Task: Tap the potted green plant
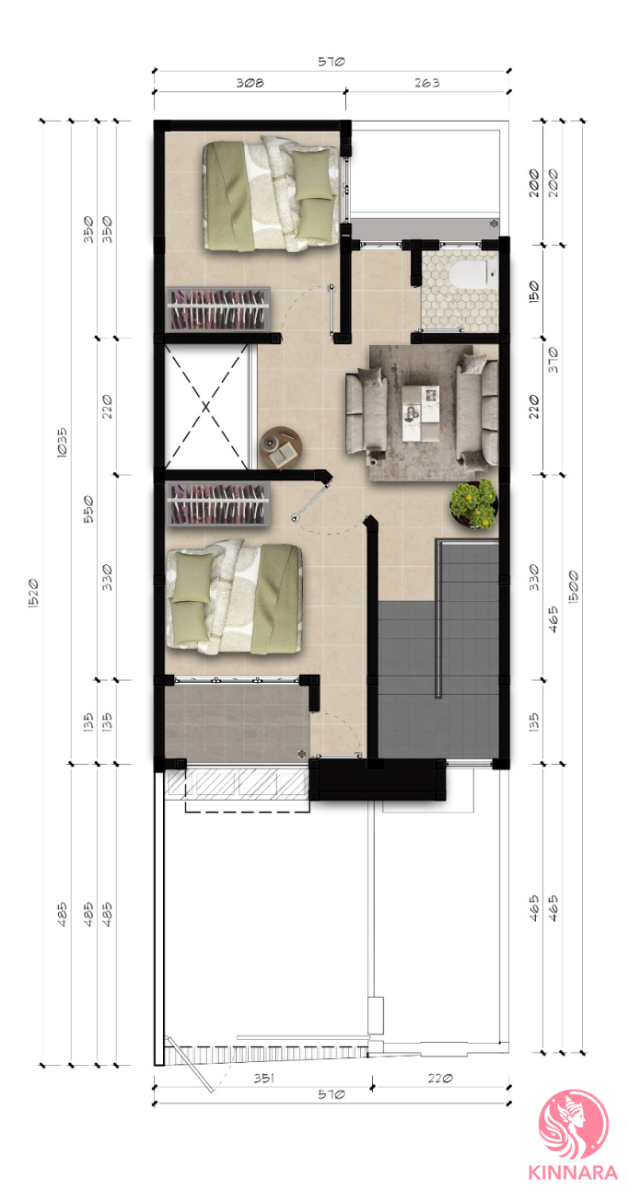(x=473, y=504)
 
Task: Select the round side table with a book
(x=281, y=448)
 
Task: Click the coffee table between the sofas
(x=421, y=413)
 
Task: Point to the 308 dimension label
(x=250, y=83)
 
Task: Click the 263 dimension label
(x=426, y=83)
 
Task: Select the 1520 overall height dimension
(x=33, y=594)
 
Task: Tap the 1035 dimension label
(x=62, y=443)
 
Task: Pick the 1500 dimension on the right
(x=573, y=586)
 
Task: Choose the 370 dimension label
(x=553, y=360)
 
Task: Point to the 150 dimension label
(x=534, y=292)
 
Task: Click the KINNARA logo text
(x=573, y=1172)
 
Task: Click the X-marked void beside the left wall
(x=206, y=407)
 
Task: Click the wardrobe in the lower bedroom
(x=218, y=503)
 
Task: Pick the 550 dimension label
(x=88, y=509)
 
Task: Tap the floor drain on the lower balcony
(x=302, y=752)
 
